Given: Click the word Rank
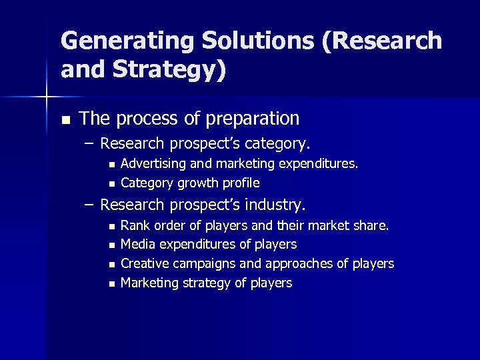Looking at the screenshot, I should pyautogui.click(x=135, y=225).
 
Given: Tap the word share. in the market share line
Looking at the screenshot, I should pyautogui.click(x=372, y=225).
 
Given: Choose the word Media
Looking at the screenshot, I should pyautogui.click(x=138, y=245).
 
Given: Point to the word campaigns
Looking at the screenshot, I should pyautogui.click(x=204, y=264).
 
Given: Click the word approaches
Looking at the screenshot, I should pyautogui.click(x=298, y=264).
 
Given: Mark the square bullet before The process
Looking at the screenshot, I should pyautogui.click(x=65, y=121).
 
